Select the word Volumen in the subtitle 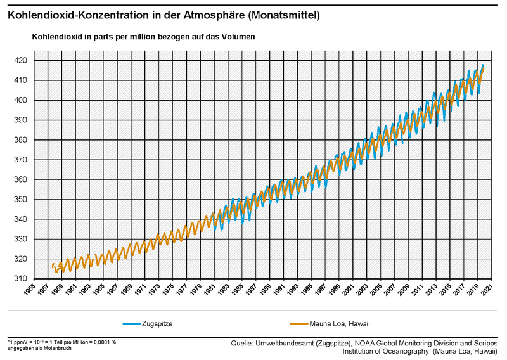point(237,37)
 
